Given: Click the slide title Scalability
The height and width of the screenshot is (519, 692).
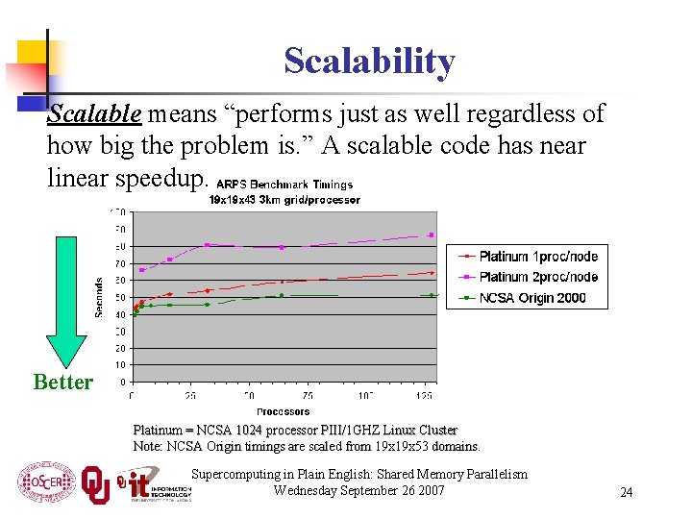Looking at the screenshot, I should (x=369, y=62).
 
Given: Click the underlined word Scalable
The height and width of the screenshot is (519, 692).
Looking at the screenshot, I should (x=95, y=113).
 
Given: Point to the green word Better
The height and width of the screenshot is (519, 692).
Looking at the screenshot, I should (x=63, y=383).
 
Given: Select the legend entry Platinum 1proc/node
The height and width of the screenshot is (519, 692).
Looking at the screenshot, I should (x=538, y=257).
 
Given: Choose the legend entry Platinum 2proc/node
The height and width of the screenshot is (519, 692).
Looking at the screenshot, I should (x=538, y=277).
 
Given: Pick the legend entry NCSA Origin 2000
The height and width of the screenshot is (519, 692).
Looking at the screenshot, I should (x=531, y=298).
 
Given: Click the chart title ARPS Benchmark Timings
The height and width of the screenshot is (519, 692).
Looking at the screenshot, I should (x=284, y=185).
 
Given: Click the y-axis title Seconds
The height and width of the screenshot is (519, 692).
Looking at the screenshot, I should (x=99, y=297).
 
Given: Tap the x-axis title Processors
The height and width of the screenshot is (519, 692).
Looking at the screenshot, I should (x=283, y=411).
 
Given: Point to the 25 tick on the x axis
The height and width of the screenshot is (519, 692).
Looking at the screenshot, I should (x=190, y=395).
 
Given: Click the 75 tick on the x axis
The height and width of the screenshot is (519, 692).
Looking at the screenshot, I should (x=308, y=395).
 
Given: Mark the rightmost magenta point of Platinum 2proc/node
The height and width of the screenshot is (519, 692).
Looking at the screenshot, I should (x=431, y=235).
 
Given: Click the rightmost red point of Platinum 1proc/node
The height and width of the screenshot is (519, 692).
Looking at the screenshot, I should (x=432, y=273).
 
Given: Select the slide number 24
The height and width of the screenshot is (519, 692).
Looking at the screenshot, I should (x=626, y=492).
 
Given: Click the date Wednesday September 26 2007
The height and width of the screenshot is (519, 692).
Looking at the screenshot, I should (x=358, y=490).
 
